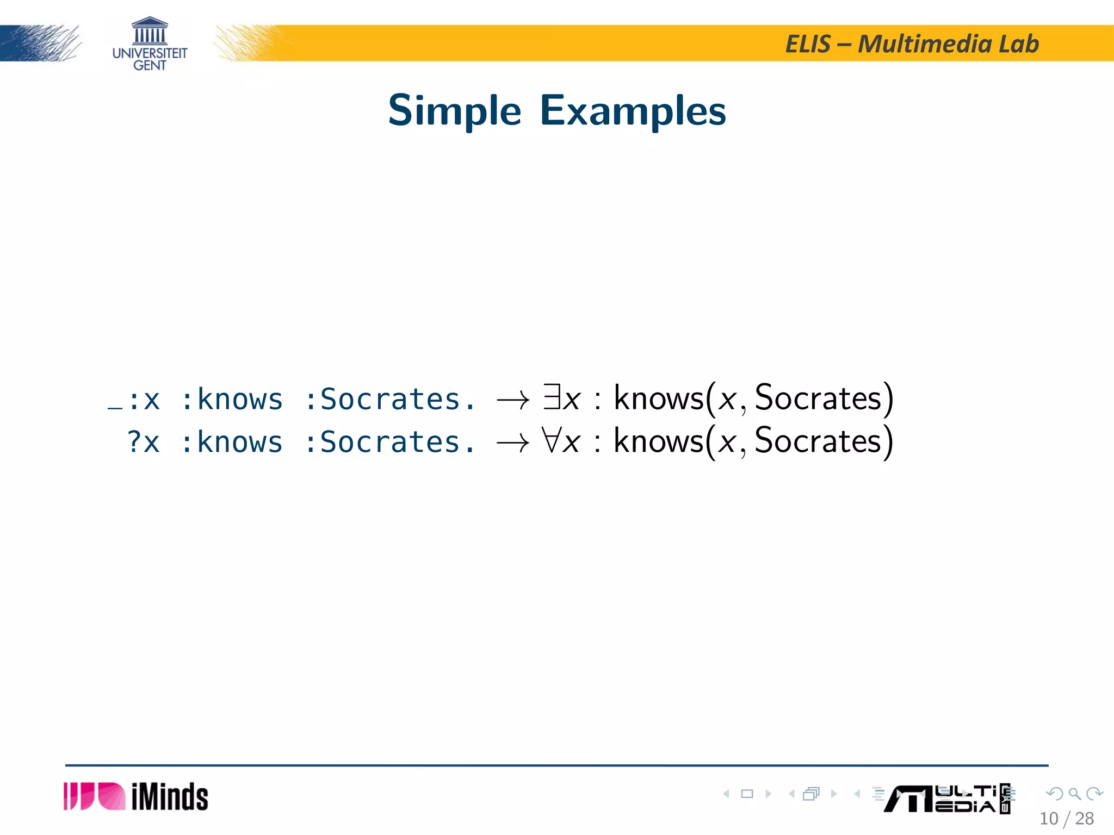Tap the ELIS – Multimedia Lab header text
click(912, 44)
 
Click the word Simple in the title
click(455, 111)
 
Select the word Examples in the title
click(633, 111)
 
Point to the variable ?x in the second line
click(144, 442)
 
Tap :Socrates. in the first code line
click(390, 400)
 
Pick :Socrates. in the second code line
click(390, 442)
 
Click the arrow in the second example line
click(512, 443)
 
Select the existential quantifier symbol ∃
click(552, 397)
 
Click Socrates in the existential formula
click(818, 398)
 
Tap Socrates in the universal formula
click(818, 441)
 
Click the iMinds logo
click(136, 797)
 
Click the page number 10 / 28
click(1066, 819)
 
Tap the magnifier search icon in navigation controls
click(1074, 794)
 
